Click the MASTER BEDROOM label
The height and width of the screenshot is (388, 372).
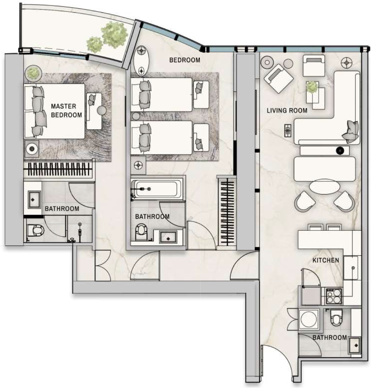coord(67,110)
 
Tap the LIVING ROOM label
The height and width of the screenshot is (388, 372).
coord(287,110)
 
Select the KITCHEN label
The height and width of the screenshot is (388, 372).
coord(326,260)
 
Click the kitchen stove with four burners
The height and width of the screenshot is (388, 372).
coord(334,296)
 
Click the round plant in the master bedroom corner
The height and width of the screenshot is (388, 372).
coord(33,73)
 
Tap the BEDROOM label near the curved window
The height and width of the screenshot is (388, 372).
coord(184,60)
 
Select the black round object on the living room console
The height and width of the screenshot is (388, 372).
coord(340,151)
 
